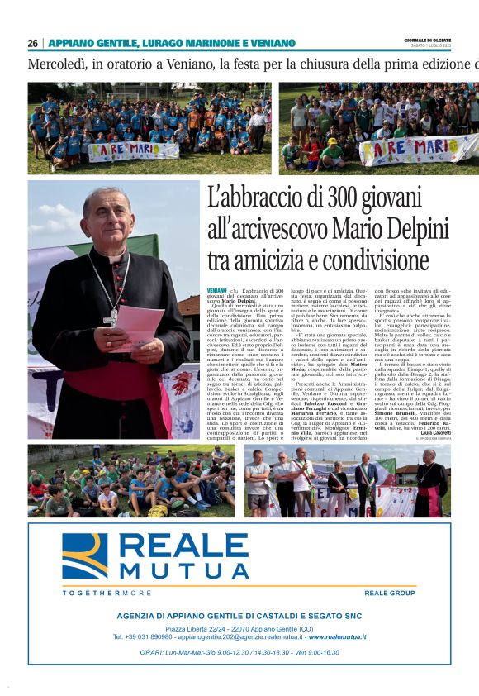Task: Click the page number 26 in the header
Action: click(33, 43)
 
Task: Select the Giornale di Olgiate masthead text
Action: click(428, 41)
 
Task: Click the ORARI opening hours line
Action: click(239, 652)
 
